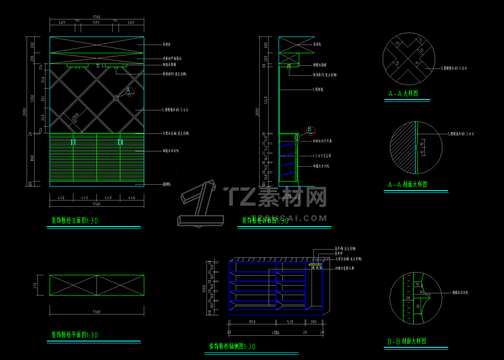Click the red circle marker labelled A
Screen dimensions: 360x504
click(129, 91)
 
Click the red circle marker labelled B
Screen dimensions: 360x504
click(310, 130)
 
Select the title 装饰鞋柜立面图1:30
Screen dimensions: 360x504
click(74, 221)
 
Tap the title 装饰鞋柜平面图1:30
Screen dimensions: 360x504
click(74, 335)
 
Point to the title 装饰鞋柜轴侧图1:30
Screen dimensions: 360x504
click(232, 346)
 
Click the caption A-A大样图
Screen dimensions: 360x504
click(403, 94)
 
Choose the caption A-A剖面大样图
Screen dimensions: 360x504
click(408, 185)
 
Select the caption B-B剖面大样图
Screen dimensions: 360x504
click(407, 342)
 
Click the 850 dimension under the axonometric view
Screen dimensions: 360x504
click(252, 322)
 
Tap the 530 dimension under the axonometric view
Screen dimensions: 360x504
click(289, 322)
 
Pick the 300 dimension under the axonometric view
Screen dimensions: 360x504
click(313, 322)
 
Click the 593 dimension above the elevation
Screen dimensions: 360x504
click(96, 22)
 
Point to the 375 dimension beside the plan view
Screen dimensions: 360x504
click(35, 285)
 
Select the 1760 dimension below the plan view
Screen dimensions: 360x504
click(96, 311)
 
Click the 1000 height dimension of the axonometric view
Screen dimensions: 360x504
click(204, 288)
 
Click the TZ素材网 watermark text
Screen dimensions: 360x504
click(275, 197)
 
